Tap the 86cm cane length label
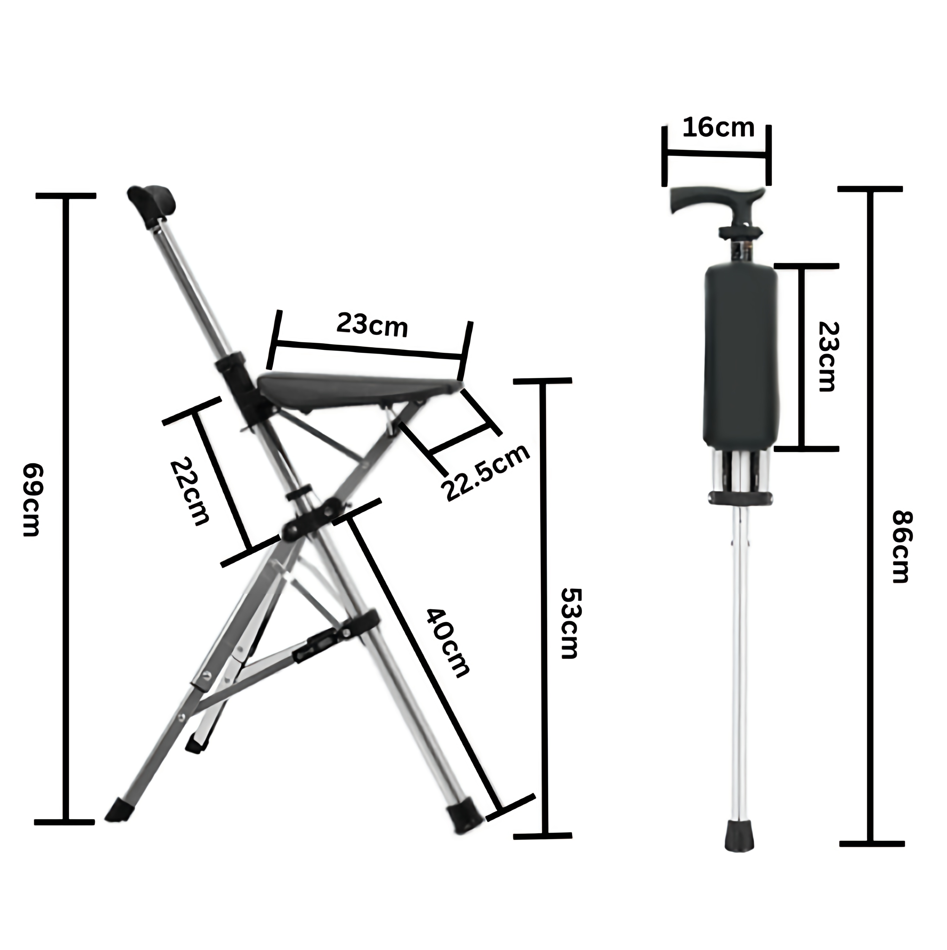pyautogui.click(x=902, y=547)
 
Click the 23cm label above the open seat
pyautogui.click(x=372, y=325)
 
